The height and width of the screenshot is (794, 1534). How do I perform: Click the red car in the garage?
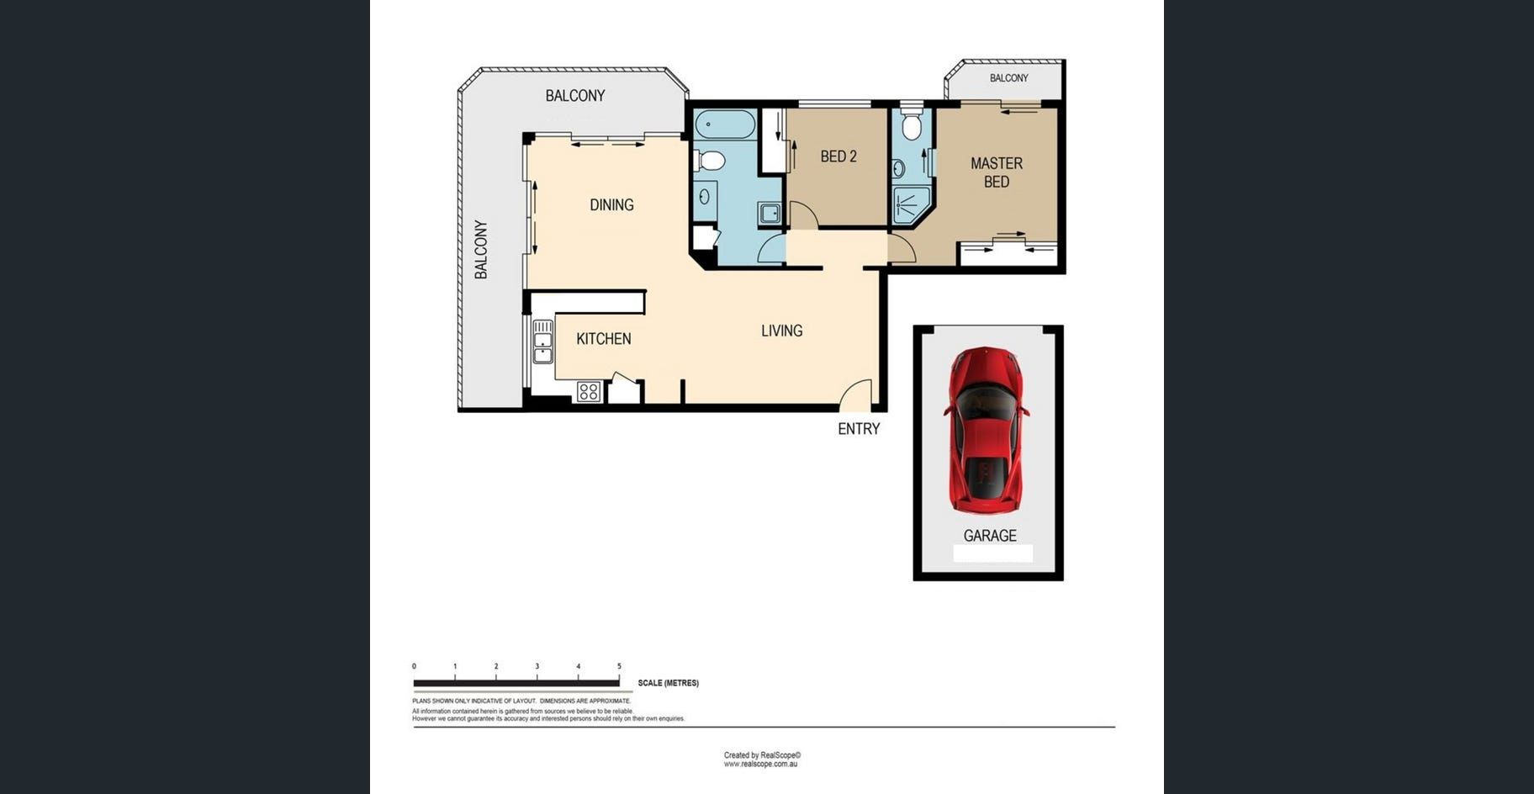[x=987, y=430]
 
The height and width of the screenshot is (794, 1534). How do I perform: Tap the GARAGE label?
[x=990, y=536]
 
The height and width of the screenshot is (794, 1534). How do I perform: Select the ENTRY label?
[x=859, y=429]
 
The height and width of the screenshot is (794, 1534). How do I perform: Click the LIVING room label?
[x=781, y=331]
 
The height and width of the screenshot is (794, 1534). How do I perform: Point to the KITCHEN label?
[x=603, y=339]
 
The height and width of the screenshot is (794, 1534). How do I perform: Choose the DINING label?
[x=611, y=205]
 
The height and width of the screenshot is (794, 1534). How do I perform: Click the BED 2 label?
[x=838, y=156]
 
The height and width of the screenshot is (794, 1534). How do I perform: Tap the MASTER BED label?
[x=997, y=172]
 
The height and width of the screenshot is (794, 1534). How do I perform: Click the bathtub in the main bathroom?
[x=725, y=124]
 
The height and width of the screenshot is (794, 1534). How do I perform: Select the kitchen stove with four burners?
[x=588, y=391]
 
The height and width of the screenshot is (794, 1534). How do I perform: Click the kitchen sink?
[x=542, y=341]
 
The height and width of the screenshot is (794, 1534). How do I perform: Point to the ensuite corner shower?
[x=910, y=205]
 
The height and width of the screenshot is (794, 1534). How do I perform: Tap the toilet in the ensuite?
[x=911, y=125]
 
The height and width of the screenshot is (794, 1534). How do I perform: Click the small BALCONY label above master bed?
[x=1008, y=78]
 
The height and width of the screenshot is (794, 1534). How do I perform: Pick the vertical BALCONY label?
[x=481, y=250]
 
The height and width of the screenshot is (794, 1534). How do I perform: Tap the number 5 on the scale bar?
[x=619, y=666]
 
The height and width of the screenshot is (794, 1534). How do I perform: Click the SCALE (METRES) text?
[x=668, y=683]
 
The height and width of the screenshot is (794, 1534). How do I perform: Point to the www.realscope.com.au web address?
[x=760, y=765]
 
